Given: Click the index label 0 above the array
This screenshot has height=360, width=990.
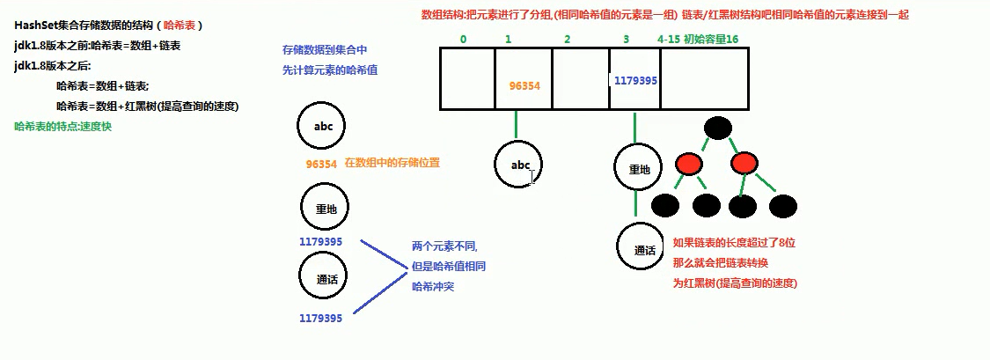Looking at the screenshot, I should [x=463, y=40].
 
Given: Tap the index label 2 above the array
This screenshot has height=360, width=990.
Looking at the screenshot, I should [x=567, y=40].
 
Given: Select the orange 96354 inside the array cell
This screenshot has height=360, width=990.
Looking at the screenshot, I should [x=524, y=86].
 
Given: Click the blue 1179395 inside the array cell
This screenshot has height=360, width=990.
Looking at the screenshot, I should [x=635, y=80].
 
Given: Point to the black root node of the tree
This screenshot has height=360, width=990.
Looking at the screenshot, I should [x=718, y=129].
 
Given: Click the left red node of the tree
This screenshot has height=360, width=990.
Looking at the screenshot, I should [x=687, y=164].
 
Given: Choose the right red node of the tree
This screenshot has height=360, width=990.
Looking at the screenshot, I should [x=744, y=164].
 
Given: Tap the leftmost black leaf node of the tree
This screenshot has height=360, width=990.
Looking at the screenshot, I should [x=664, y=206].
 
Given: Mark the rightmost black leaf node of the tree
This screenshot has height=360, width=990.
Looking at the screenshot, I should [x=782, y=206].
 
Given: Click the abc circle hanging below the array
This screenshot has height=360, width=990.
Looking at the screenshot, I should [x=517, y=165].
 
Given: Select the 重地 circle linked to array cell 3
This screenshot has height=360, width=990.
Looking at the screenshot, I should [x=635, y=169].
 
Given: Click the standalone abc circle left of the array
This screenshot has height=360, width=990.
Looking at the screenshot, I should [x=321, y=126].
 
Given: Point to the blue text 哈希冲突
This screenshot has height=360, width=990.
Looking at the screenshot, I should [x=435, y=286].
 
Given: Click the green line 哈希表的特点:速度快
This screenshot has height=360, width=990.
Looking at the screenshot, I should [x=64, y=126].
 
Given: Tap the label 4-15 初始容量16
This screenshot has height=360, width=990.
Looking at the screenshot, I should [x=699, y=40].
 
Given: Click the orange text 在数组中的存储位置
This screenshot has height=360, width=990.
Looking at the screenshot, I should [x=392, y=163].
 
